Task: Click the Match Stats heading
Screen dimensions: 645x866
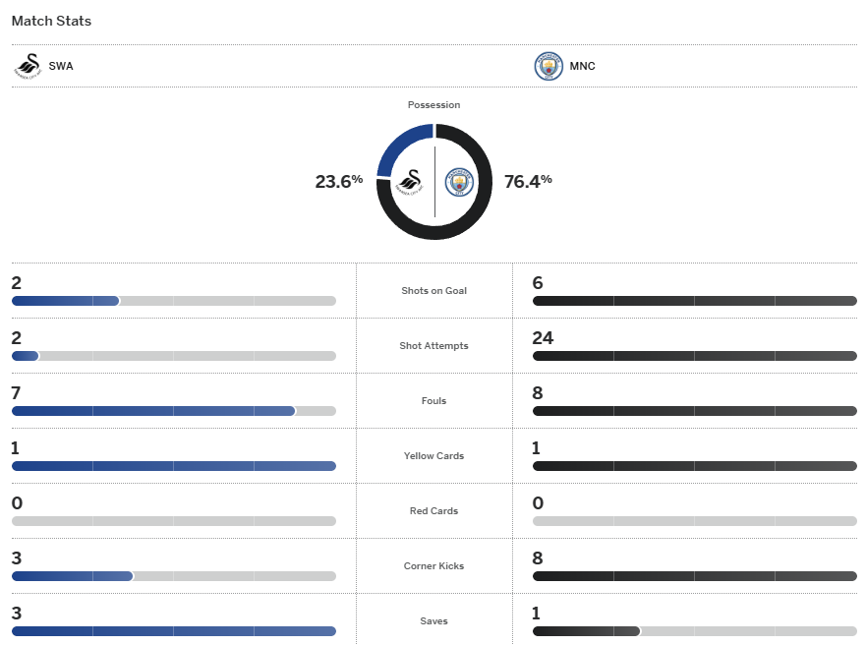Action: [51, 21]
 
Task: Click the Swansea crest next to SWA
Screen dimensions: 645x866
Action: [28, 66]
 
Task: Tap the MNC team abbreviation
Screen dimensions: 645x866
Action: [582, 67]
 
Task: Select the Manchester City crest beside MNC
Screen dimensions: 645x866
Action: [548, 67]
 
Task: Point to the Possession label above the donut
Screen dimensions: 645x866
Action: [433, 105]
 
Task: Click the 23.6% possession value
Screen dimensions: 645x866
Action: [338, 181]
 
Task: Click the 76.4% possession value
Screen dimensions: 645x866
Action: [528, 181]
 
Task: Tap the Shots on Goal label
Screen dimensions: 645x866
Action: [433, 291]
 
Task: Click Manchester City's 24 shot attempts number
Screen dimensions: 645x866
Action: [543, 338]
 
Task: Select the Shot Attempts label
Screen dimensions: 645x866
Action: [433, 346]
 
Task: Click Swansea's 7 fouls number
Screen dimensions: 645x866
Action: [17, 393]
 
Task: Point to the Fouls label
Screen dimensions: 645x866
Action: [433, 401]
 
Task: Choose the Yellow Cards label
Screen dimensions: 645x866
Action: [433, 456]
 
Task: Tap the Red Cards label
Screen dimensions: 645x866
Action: [433, 511]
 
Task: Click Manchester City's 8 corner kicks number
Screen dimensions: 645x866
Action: [538, 558]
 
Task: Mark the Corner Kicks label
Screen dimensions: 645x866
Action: [433, 566]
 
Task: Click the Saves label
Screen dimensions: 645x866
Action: [433, 621]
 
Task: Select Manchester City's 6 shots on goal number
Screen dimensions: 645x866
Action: [538, 283]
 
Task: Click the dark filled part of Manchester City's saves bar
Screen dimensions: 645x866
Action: [585, 631]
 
